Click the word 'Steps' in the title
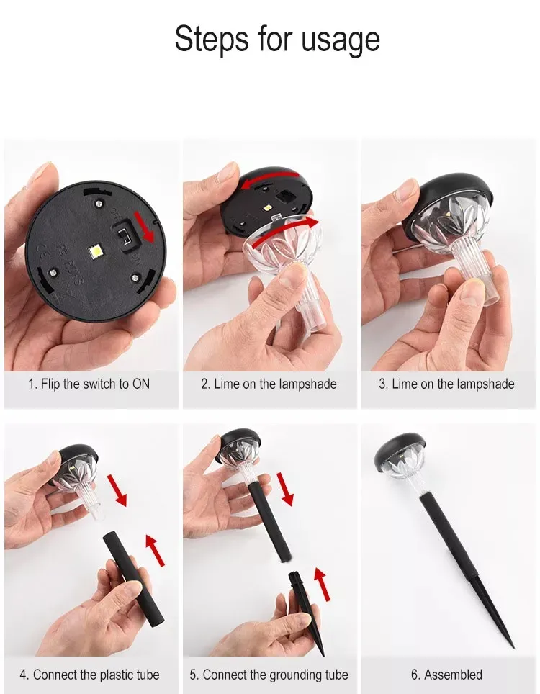[211, 38]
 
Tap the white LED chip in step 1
[96, 251]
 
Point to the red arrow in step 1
[144, 227]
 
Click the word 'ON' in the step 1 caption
[140, 384]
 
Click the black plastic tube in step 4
[132, 580]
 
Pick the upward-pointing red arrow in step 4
[155, 550]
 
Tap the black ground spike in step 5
[305, 611]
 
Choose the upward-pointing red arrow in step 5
[322, 585]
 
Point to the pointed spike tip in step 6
[514, 647]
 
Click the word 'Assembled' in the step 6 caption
[453, 675]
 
